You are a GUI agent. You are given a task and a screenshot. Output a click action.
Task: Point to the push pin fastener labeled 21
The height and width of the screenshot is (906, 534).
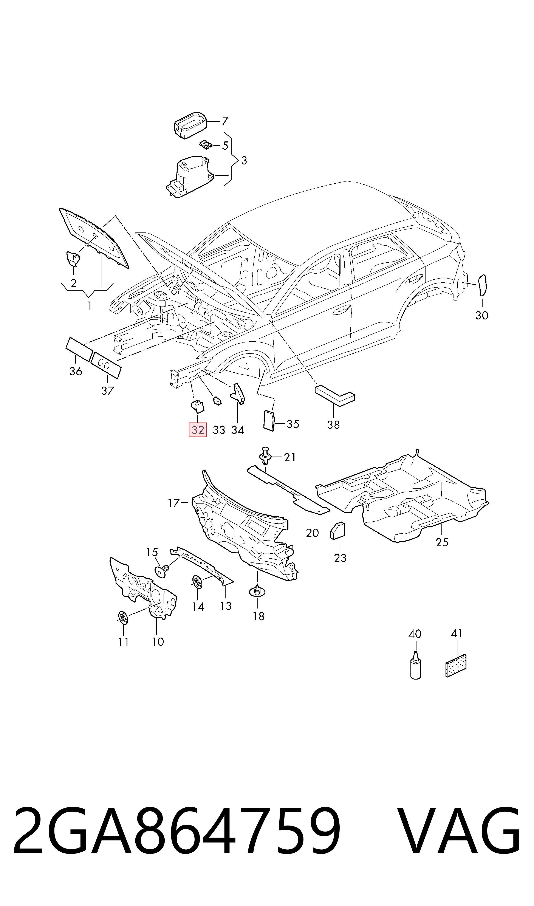(266, 456)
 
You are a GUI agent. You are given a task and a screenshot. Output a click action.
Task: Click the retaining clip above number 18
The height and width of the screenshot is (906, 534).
(257, 591)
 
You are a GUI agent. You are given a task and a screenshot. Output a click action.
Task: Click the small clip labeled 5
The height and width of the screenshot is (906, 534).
(206, 145)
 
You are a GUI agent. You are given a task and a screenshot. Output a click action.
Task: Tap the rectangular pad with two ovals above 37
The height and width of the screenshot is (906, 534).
(106, 365)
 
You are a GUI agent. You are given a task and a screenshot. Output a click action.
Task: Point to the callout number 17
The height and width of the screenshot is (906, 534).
(174, 502)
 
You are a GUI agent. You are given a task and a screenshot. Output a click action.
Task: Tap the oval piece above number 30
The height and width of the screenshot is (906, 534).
(482, 285)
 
